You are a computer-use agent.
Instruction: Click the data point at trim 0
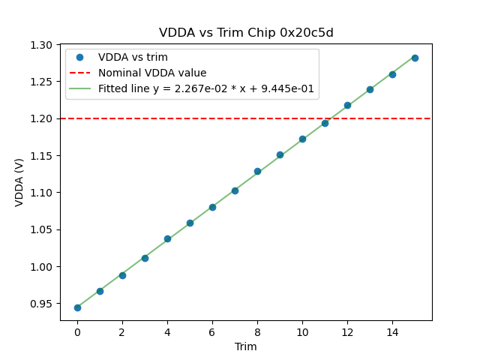tap(77, 307)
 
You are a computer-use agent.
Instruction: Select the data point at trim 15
tap(415, 58)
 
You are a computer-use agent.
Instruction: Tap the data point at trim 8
tap(257, 171)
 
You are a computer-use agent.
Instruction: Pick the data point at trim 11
tap(325, 123)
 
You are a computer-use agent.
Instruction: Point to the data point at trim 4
tap(167, 238)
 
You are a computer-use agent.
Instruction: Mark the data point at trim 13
tap(370, 89)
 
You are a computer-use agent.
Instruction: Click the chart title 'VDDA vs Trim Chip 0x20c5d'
tap(246, 33)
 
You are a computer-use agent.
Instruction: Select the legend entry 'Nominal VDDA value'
tap(152, 73)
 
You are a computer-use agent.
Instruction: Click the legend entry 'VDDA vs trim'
tap(133, 58)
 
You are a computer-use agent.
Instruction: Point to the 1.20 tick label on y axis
tap(41, 118)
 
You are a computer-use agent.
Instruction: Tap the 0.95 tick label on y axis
tap(41, 304)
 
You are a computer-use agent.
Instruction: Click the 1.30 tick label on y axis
tap(41, 45)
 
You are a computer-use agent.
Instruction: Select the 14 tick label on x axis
tap(392, 331)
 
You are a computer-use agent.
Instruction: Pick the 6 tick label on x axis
tap(212, 331)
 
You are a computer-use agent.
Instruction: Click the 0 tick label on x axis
tap(77, 331)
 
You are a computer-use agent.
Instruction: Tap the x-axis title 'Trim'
tap(246, 346)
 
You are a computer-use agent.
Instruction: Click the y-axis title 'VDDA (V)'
tap(19, 182)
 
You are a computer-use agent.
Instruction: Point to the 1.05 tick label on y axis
tap(41, 229)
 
